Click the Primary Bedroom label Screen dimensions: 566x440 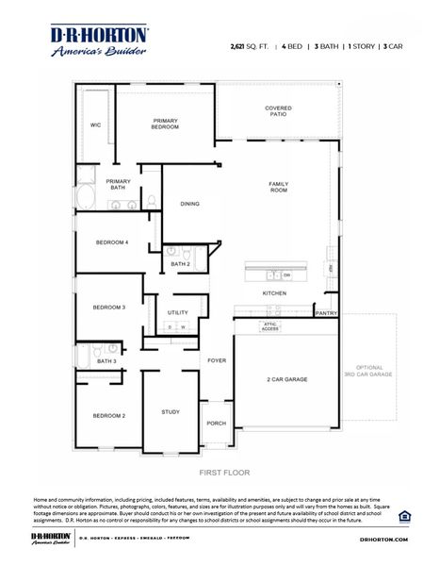(166, 124)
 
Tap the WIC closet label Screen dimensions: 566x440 (95, 125)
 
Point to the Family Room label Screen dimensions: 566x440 (278, 187)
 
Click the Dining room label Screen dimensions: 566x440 (189, 204)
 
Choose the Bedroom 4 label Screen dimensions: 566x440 (111, 242)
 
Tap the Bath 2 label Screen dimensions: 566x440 (180, 264)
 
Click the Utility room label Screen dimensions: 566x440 (177, 312)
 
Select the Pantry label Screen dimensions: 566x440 (326, 313)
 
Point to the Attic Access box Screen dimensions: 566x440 (270, 327)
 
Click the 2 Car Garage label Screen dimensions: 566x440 (285, 379)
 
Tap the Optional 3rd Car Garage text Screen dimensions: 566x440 (368, 371)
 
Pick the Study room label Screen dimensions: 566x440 (171, 411)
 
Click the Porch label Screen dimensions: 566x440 (217, 423)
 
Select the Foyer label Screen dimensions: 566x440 (217, 360)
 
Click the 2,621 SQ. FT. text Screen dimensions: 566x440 (249, 45)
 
